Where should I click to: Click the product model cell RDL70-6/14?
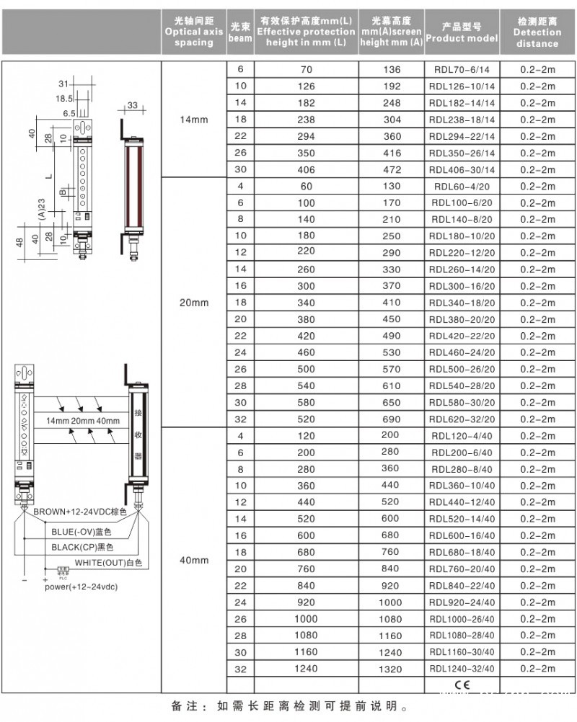click(x=462, y=70)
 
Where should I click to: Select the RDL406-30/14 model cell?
click(x=462, y=170)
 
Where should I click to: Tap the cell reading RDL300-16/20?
click(x=462, y=286)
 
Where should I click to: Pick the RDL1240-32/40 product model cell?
click(x=462, y=668)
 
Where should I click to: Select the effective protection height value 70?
click(x=306, y=70)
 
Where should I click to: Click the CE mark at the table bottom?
click(x=462, y=684)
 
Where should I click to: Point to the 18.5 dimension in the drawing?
click(x=65, y=99)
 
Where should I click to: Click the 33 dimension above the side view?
click(x=133, y=106)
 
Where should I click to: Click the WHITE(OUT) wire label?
click(x=109, y=561)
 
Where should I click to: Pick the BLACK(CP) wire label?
click(x=82, y=546)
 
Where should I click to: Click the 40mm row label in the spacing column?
click(x=194, y=560)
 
